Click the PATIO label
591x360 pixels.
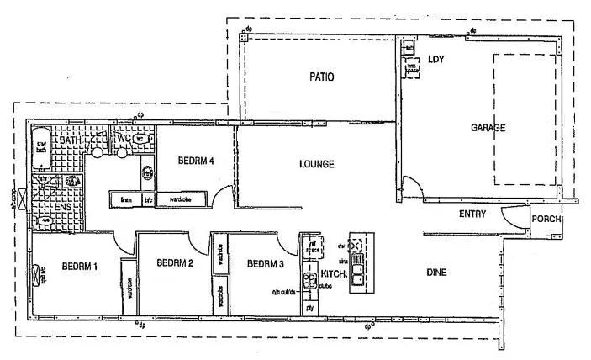(320, 77)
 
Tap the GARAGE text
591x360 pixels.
(488, 129)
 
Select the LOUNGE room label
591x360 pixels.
(316, 164)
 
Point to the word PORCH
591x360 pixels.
(546, 220)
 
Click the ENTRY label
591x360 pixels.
(472, 214)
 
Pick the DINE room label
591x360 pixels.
(435, 273)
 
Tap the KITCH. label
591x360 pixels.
(334, 274)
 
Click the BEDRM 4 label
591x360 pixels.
(198, 160)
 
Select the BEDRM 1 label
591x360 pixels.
(80, 267)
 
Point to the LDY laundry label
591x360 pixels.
(435, 60)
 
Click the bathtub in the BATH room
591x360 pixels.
(41, 149)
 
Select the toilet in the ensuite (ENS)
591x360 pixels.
(42, 220)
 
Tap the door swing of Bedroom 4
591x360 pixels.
(220, 198)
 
